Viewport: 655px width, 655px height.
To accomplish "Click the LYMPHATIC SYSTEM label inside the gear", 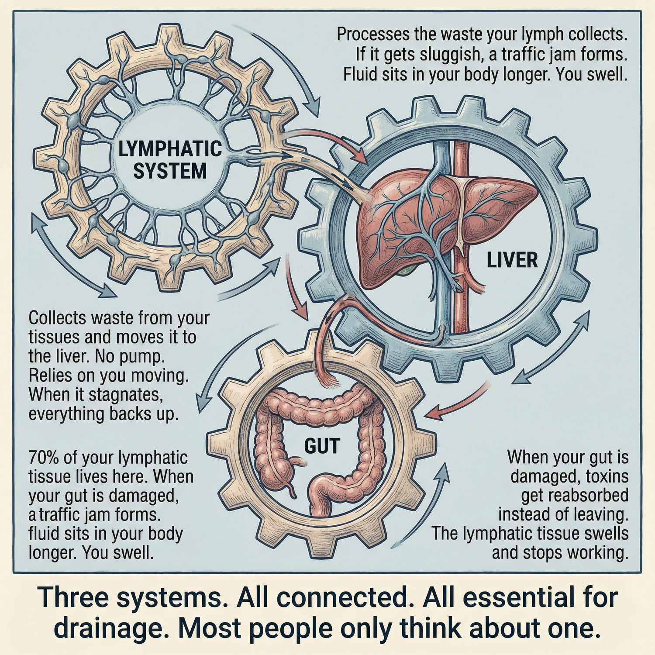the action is pyautogui.click(x=170, y=160).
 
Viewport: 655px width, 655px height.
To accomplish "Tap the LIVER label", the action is pyautogui.click(x=512, y=260).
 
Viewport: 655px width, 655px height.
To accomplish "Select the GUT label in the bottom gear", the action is pyautogui.click(x=322, y=446).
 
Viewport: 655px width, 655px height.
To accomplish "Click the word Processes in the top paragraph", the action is pyautogui.click(x=373, y=34).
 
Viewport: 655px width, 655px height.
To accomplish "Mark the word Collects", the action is pyautogui.click(x=58, y=318).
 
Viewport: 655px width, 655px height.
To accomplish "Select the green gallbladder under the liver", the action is pyautogui.click(x=406, y=270).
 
